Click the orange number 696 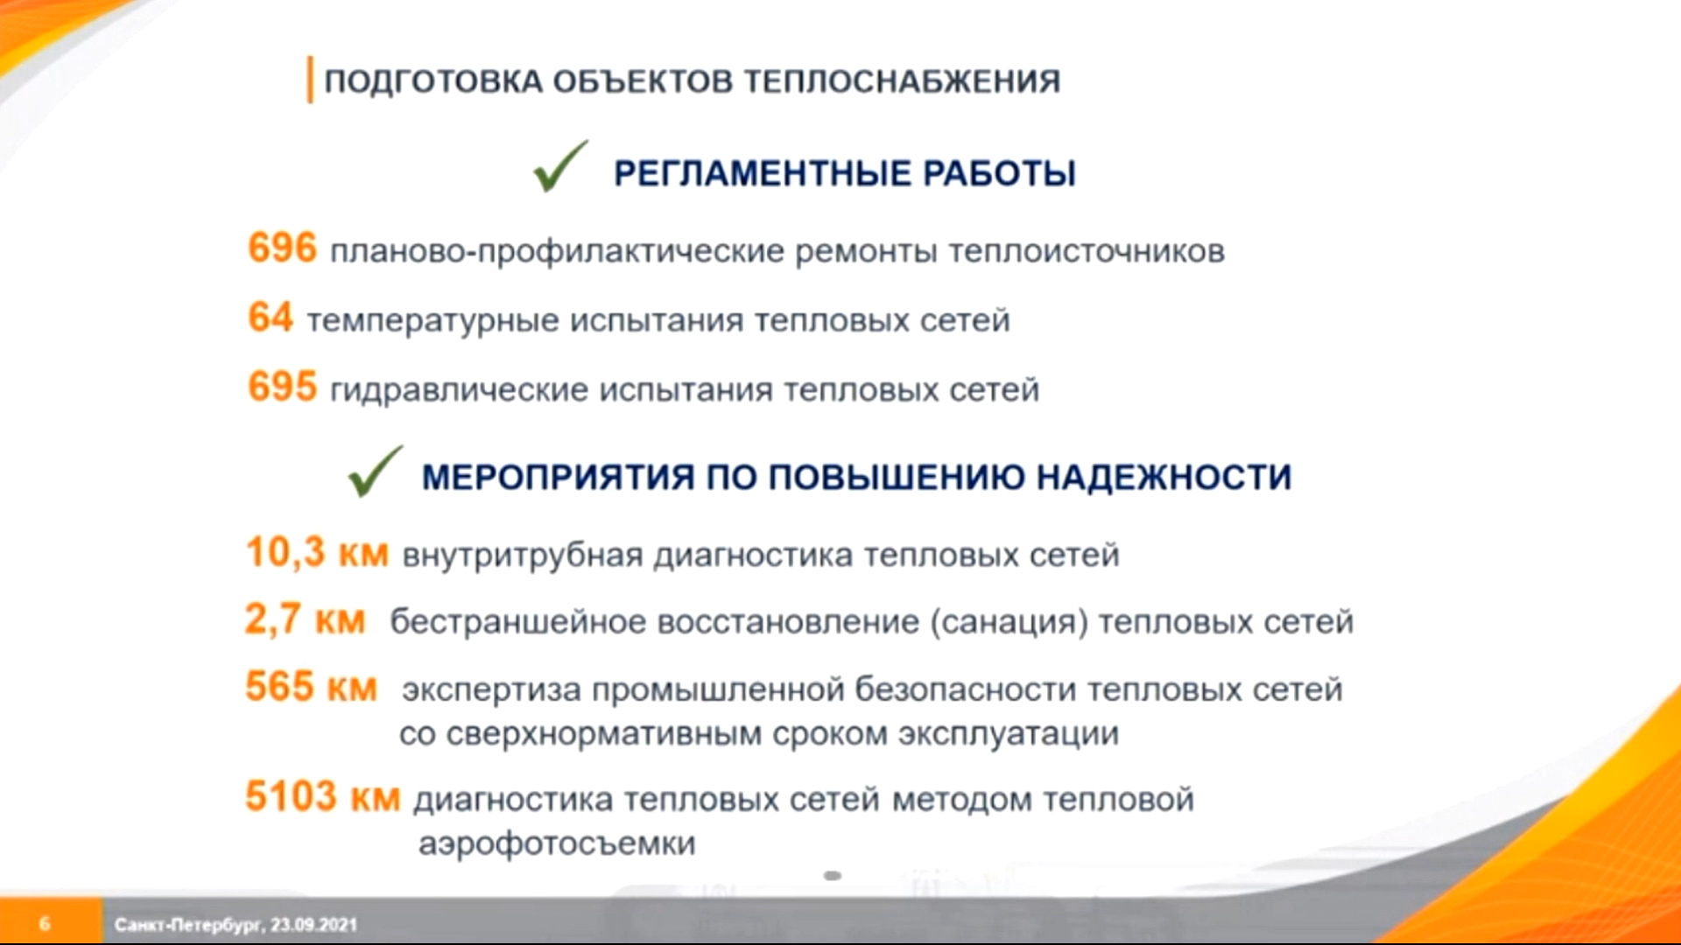click(282, 248)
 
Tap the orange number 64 click(271, 317)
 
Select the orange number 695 click(282, 386)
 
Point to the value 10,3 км click(317, 553)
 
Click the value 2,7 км click(305, 619)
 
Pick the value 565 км click(311, 687)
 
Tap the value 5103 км click(322, 797)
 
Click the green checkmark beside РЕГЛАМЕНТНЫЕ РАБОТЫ click(560, 166)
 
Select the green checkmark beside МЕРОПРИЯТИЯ click(376, 471)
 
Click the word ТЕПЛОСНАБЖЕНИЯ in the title click(902, 81)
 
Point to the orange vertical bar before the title click(310, 80)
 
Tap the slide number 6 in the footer click(45, 924)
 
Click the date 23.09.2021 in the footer click(313, 925)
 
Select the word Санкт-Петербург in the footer click(189, 925)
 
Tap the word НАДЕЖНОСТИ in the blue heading click(1164, 478)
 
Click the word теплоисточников click(1087, 251)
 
